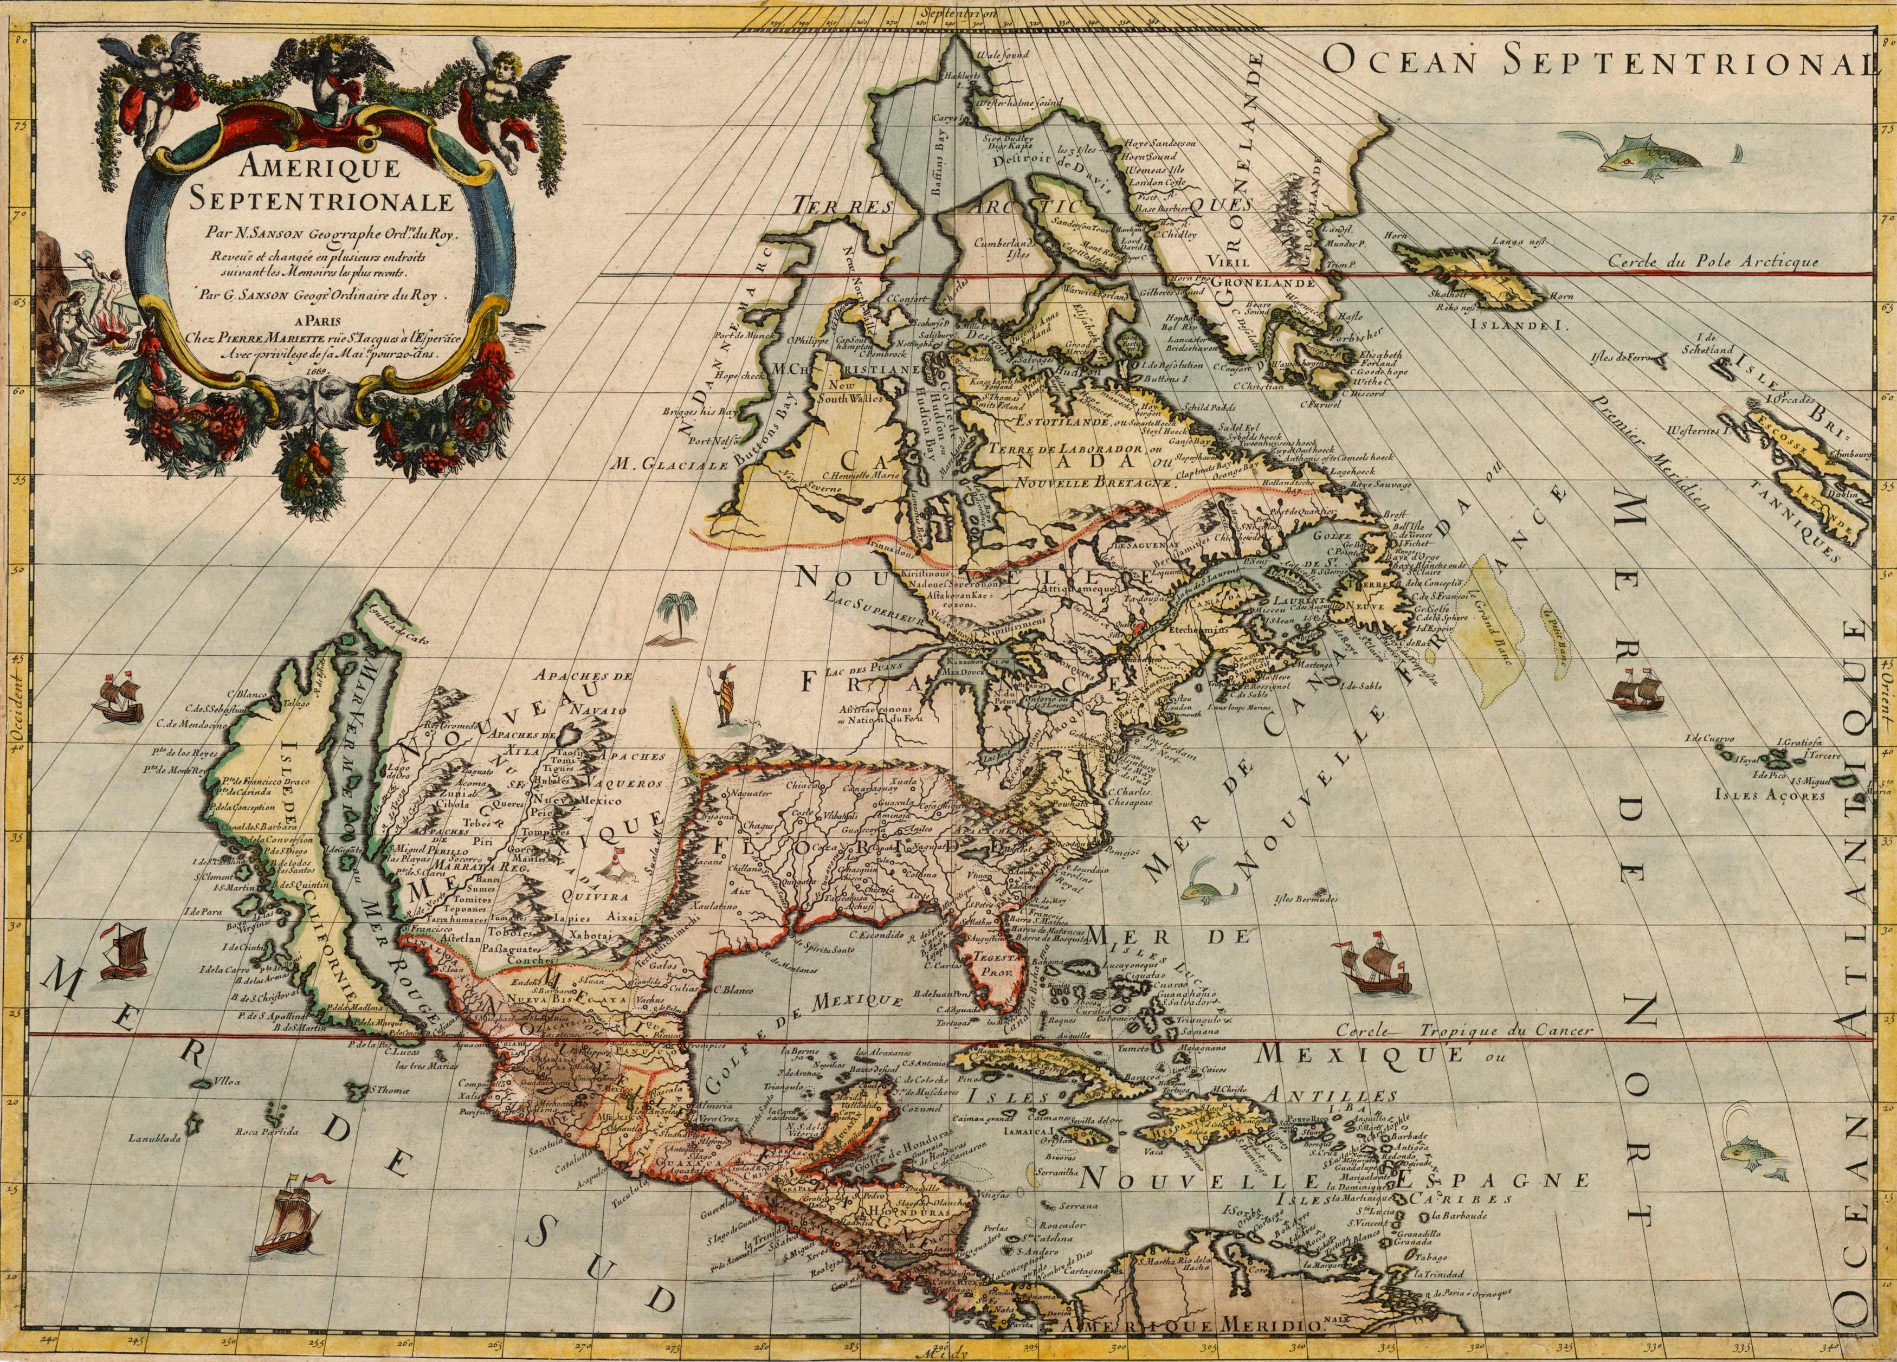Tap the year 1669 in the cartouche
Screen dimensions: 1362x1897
[x=318, y=367]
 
